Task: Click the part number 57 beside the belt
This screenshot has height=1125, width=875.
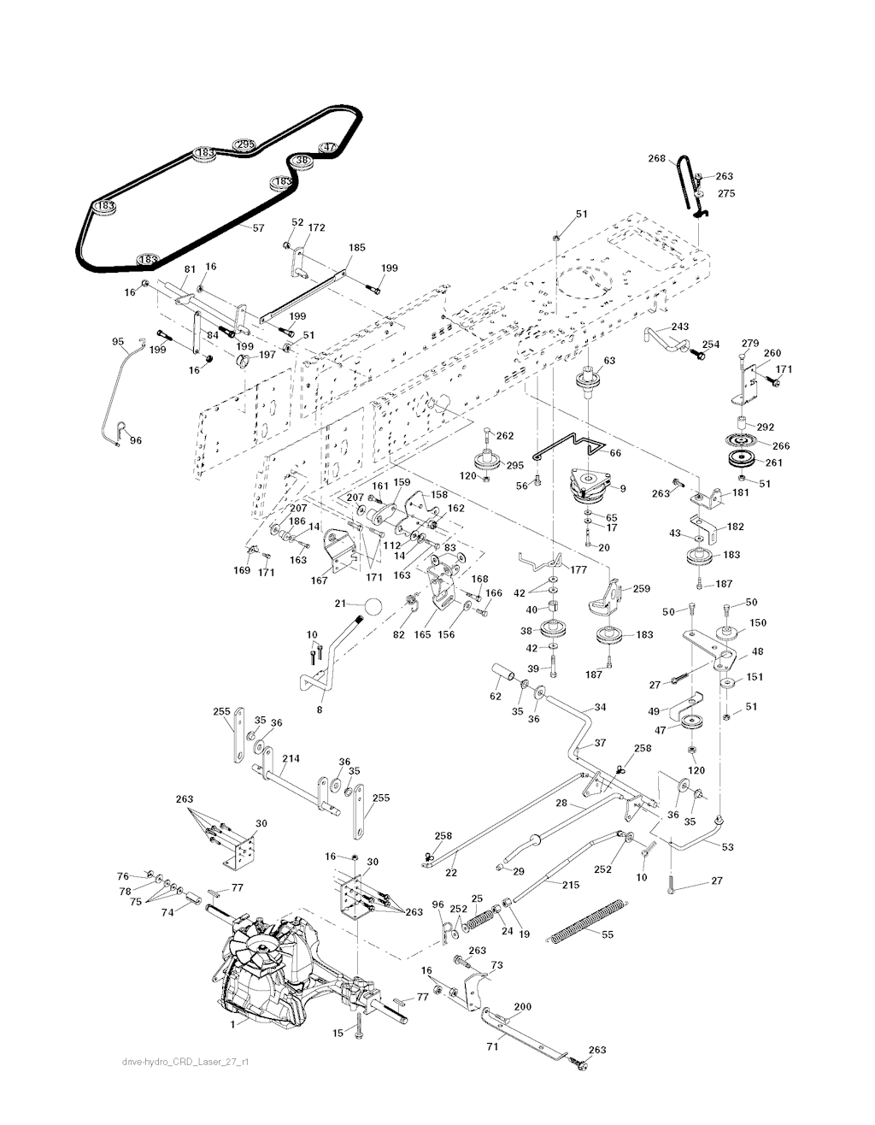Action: coord(258,228)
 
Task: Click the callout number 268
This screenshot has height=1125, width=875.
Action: coord(655,157)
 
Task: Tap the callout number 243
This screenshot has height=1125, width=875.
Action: coord(678,327)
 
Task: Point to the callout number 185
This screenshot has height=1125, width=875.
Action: coord(356,247)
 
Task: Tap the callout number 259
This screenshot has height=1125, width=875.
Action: coord(641,589)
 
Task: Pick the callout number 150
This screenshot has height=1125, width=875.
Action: coord(757,623)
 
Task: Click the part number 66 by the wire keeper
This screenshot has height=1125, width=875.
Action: coord(617,454)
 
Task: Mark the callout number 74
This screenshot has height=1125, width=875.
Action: coord(167,912)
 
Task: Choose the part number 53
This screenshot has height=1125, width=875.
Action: coord(726,847)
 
